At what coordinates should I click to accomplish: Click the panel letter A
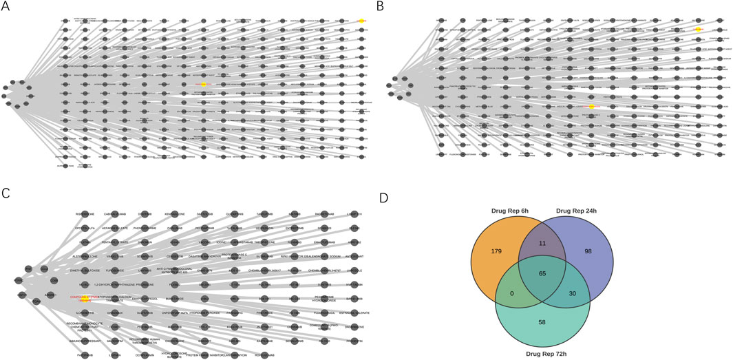tap(6, 6)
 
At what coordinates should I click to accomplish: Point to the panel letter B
tap(380, 6)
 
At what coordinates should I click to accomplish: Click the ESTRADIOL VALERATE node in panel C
tap(353, 309)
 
